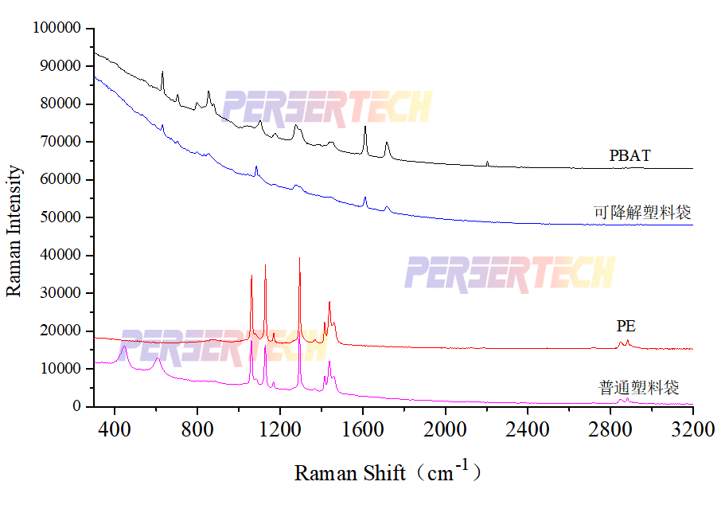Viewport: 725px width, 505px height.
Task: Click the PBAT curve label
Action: (x=630, y=156)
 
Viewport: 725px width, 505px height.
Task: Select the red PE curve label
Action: (x=626, y=327)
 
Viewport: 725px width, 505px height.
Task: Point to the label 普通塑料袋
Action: (x=638, y=388)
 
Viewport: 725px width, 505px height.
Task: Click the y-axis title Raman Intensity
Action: (x=14, y=231)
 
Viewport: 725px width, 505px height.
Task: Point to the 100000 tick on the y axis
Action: (x=57, y=28)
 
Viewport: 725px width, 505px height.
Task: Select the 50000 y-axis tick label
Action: (x=61, y=217)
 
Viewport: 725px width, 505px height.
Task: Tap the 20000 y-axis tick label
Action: (x=61, y=331)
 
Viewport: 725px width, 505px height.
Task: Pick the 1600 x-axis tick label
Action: (x=362, y=428)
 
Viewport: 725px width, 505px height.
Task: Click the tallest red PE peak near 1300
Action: (x=299, y=259)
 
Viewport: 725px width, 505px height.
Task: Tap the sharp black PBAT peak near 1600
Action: (x=365, y=127)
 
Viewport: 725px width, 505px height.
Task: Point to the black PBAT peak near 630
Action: (x=162, y=72)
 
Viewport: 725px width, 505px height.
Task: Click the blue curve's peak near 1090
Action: (x=256, y=167)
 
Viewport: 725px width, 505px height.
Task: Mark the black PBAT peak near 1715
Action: (x=387, y=143)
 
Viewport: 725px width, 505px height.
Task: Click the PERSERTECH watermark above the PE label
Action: (x=509, y=273)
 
